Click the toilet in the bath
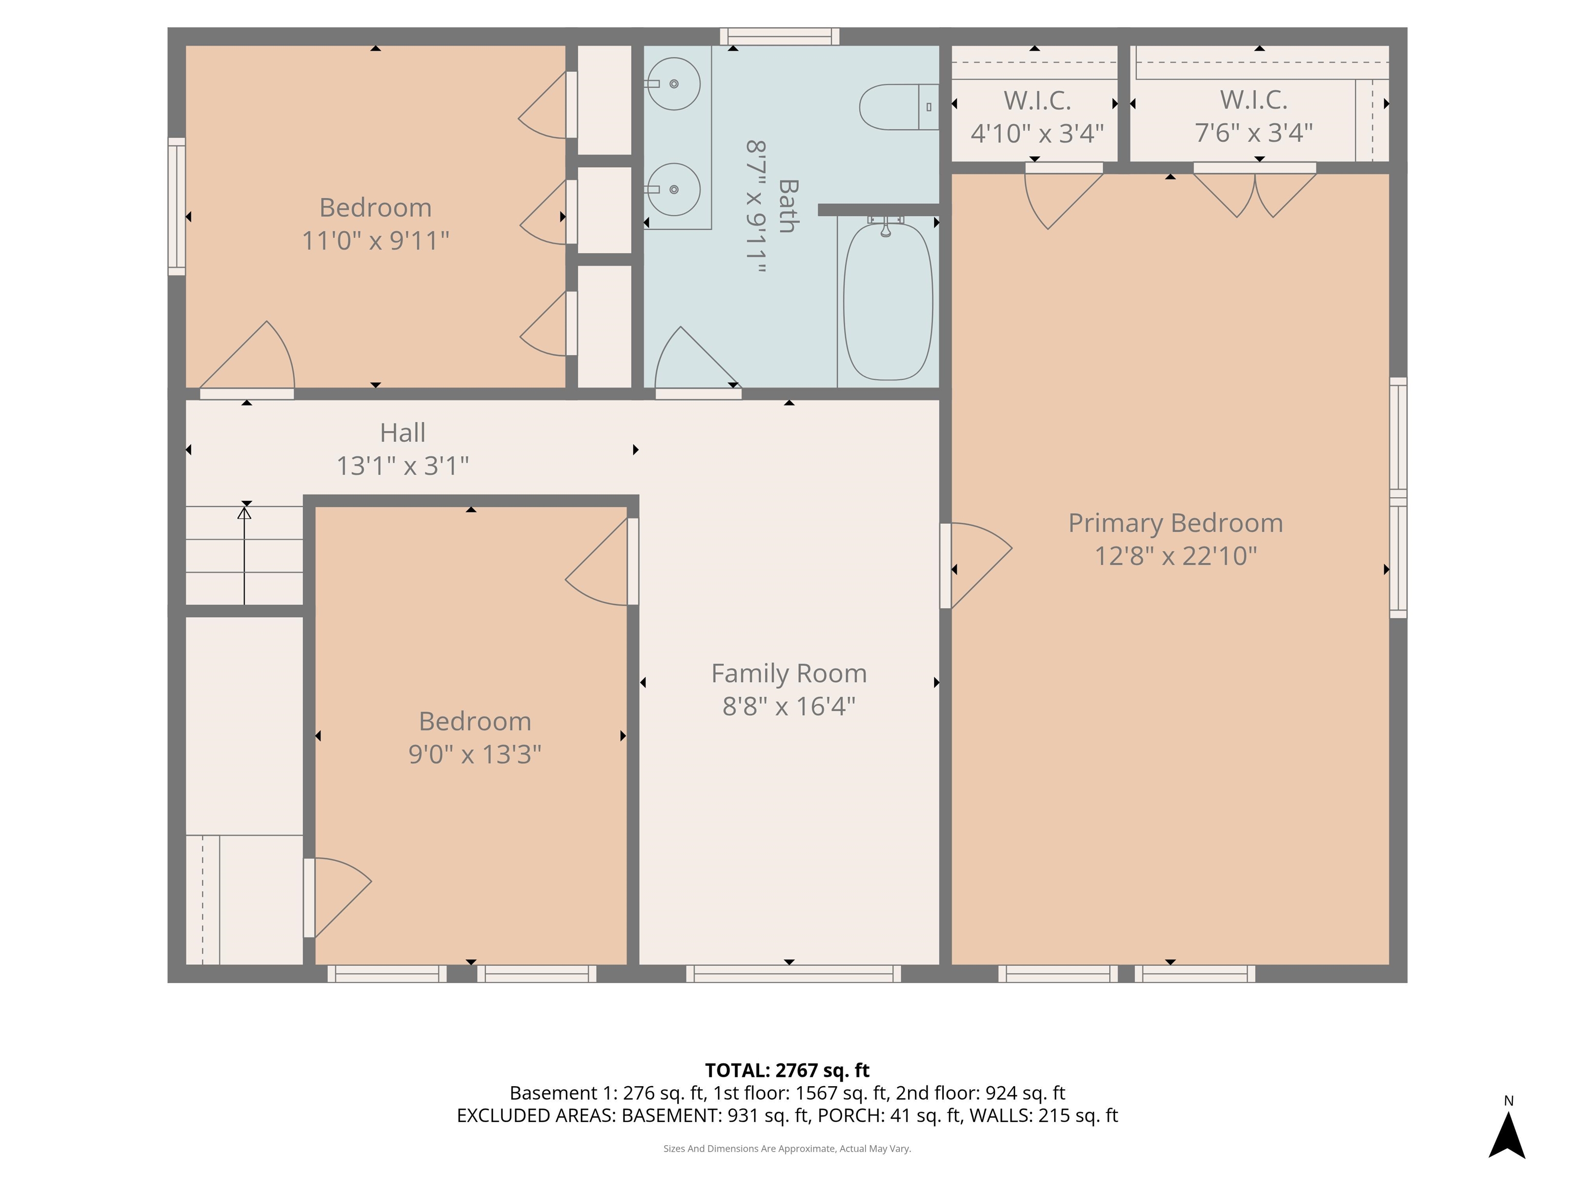897,107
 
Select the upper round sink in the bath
674,84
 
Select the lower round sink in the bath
674,189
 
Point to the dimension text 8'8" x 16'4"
789,706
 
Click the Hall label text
402,433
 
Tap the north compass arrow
1507,1135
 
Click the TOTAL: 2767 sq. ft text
787,1070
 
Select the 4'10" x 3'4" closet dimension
1037,133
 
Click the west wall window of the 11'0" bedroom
176,207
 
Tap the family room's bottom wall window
793,973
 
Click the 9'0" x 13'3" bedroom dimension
474,754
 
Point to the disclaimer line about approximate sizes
787,1148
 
